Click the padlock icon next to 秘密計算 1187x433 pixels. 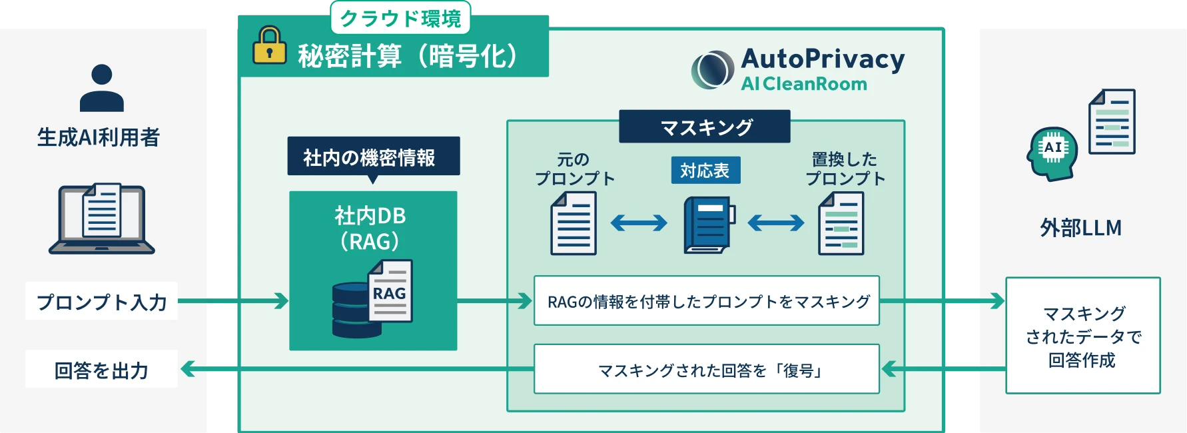[x=269, y=46]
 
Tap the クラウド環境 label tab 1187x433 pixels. [x=400, y=18]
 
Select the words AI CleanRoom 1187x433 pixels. [x=804, y=84]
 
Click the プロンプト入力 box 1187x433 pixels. [x=101, y=301]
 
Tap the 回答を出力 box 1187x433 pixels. [x=101, y=369]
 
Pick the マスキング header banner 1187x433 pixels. [x=705, y=127]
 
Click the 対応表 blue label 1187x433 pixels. [x=705, y=171]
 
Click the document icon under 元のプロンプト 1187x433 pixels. [x=573, y=224]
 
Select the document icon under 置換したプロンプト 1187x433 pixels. [x=841, y=224]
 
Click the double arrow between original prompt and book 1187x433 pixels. [x=638, y=222]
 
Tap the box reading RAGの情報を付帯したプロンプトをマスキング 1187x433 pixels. [x=707, y=301]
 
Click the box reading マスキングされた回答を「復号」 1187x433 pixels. [x=707, y=369]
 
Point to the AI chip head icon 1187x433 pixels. [x=1052, y=153]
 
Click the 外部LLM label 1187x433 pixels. [x=1080, y=228]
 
